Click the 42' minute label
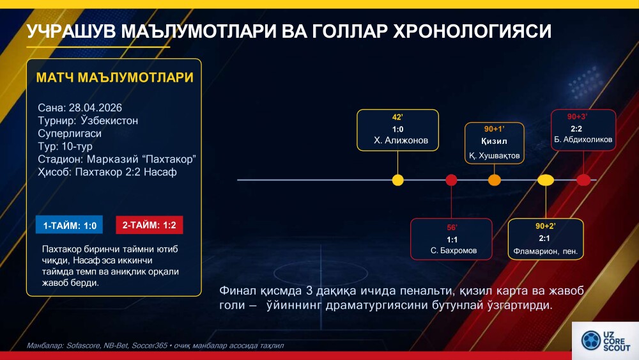pos(397,118)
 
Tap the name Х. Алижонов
pos(401,141)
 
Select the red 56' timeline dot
pos(451,180)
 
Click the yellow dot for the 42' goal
pos(397,180)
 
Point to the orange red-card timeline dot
pos(495,180)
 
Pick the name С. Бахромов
pos(454,251)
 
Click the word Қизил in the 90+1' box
pos(494,141)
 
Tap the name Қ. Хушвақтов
pos(494,156)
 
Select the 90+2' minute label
pos(545,226)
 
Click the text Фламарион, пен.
pos(545,251)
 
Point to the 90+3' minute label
pos(577,116)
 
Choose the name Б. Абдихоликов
pos(583,139)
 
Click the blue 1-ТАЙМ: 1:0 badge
pos(69,224)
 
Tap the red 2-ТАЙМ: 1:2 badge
pos(149,224)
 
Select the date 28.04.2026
pos(95,107)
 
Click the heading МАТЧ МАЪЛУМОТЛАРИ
pos(114,77)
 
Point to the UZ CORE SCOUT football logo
pos(591,340)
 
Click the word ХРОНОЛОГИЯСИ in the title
pos(472,31)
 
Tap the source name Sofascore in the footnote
pos(83,346)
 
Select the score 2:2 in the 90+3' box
pos(576,129)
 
